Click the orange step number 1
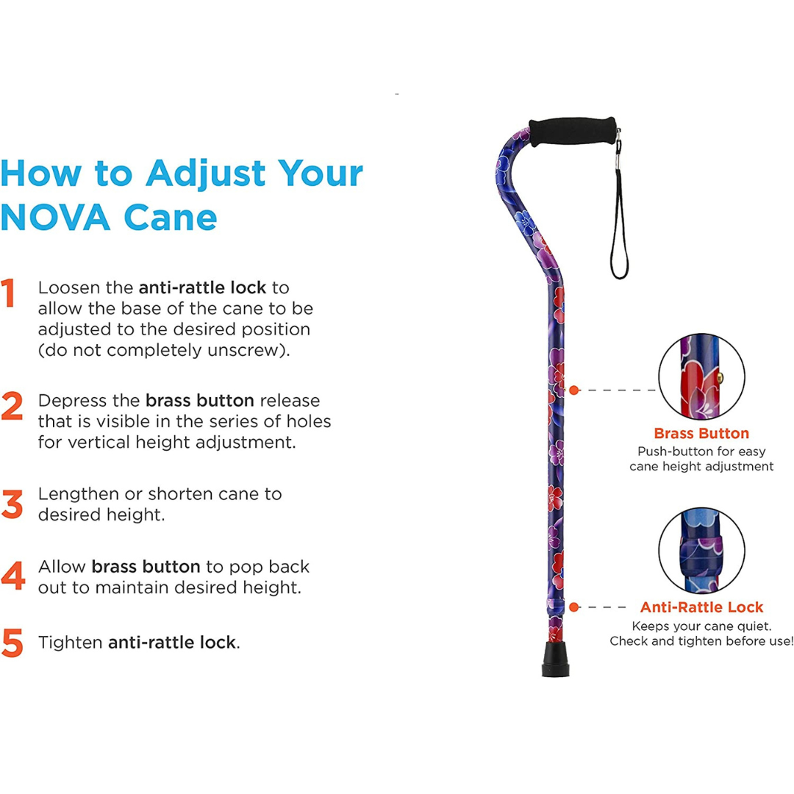8,293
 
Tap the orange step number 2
12,407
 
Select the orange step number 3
12,504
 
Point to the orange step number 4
12,576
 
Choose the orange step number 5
12,642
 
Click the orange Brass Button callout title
701,433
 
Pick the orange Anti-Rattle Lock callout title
701,607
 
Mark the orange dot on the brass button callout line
574,390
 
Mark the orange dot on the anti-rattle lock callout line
574,607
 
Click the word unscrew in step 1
252,350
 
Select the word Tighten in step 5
71,642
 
